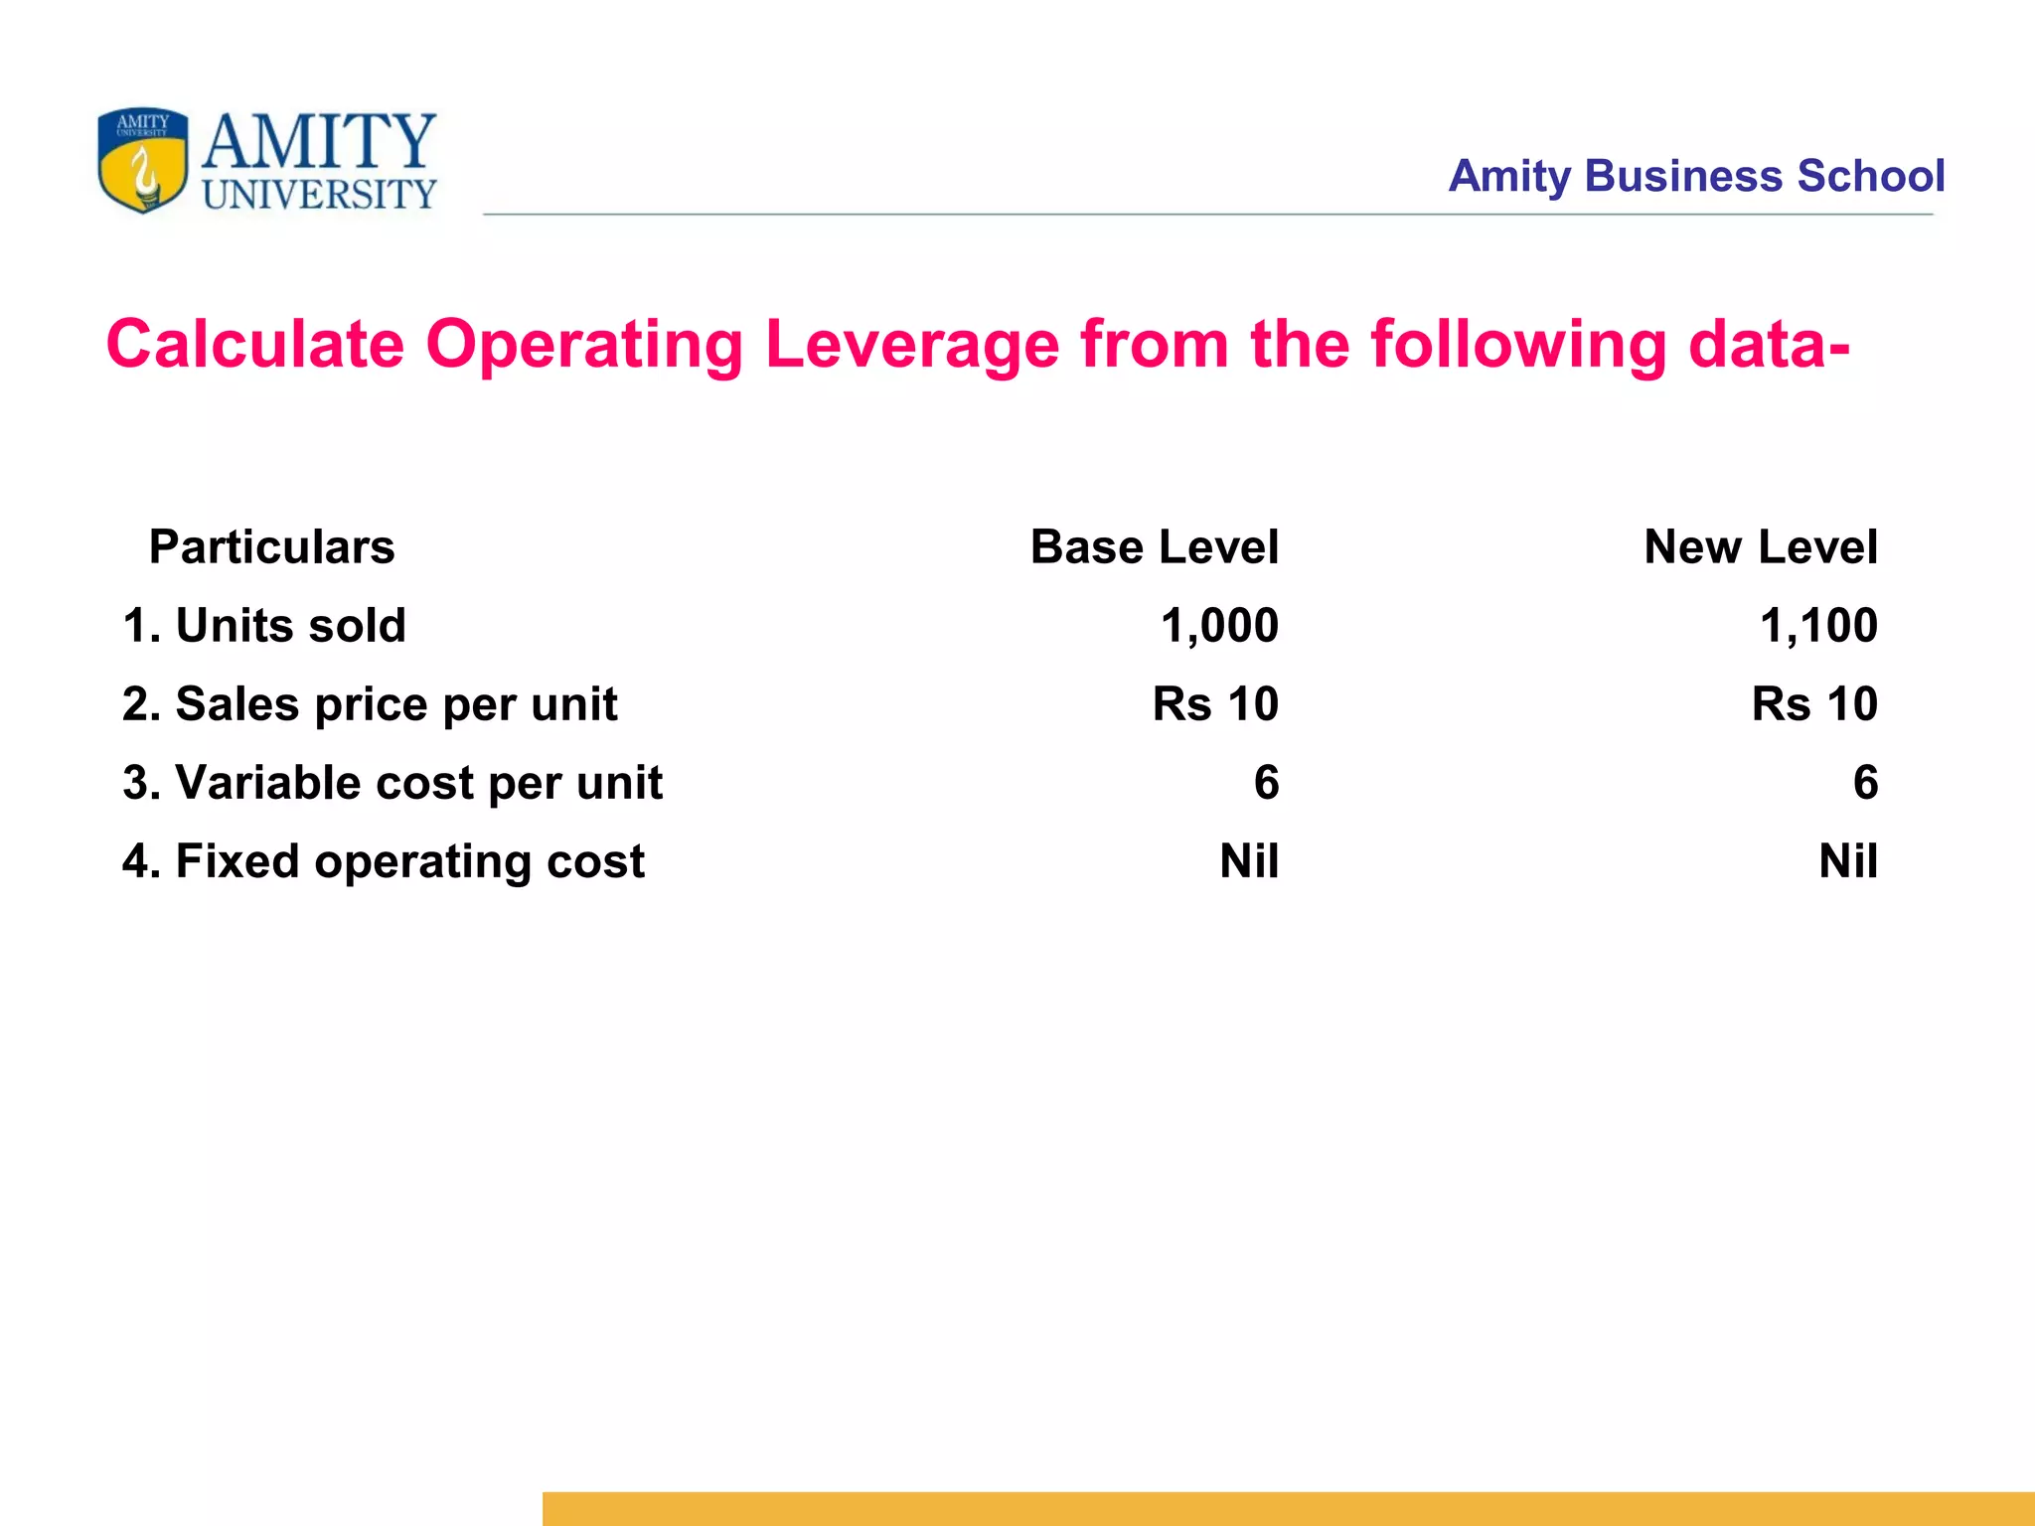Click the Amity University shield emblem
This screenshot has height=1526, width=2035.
[142, 160]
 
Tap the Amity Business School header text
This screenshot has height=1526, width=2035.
[1695, 176]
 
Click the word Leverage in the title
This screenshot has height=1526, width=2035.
[911, 345]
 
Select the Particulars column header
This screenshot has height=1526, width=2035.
[271, 547]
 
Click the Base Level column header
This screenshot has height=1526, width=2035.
[1154, 547]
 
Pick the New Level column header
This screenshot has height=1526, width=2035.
[1760, 547]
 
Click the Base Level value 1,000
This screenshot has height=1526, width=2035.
[1219, 626]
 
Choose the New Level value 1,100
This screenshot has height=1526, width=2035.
[1818, 626]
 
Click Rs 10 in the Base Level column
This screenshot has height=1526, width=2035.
[1215, 704]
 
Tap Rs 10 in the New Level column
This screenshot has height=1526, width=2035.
[1814, 704]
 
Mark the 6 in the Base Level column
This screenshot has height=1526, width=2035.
[1266, 783]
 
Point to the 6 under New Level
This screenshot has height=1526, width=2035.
[1865, 783]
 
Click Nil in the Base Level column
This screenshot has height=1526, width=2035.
[1249, 861]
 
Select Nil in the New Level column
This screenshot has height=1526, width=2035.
[1848, 861]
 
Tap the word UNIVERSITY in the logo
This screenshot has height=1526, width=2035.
[320, 194]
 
